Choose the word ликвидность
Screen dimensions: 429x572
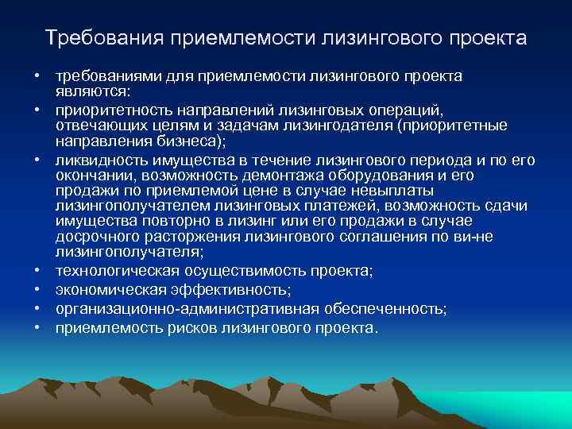click(95, 160)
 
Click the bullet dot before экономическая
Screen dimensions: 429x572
click(37, 290)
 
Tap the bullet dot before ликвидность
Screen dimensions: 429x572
click(37, 160)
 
